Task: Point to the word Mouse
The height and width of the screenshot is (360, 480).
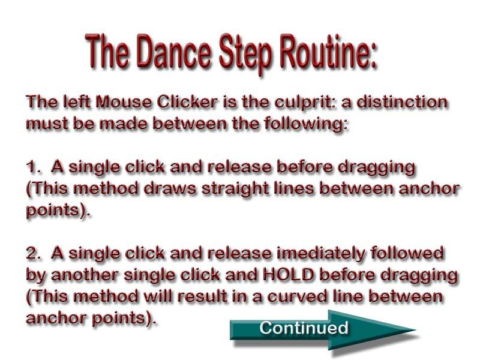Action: point(124,102)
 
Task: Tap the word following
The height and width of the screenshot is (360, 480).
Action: point(305,125)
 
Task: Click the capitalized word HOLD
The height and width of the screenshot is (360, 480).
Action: point(289,275)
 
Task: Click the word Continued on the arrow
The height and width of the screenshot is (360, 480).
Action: point(304,328)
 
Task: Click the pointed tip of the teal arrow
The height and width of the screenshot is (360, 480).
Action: point(416,330)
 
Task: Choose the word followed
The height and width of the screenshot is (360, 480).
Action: point(407,253)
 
